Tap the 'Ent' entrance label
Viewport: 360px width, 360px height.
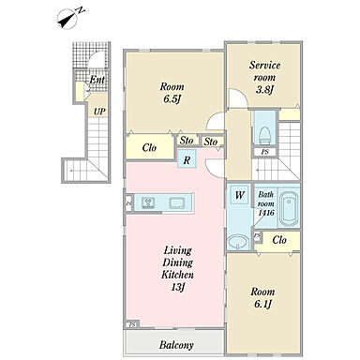[97, 80]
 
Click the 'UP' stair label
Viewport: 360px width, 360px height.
[99, 112]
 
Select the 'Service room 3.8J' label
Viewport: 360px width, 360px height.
[264, 78]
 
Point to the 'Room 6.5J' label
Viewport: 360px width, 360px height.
[172, 93]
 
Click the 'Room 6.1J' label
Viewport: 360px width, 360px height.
[262, 298]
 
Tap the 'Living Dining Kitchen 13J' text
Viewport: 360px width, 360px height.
[177, 269]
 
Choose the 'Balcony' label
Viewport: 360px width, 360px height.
[176, 345]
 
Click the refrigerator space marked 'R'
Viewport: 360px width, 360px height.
[187, 158]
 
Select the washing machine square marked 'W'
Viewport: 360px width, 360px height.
[239, 195]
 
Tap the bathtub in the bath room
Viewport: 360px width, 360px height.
[289, 208]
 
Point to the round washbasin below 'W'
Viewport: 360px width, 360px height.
[238, 242]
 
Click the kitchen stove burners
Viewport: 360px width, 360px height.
[147, 202]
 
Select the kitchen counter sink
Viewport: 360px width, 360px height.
[177, 203]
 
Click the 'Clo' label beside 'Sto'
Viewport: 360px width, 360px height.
[149, 147]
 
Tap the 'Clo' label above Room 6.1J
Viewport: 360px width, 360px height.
[279, 240]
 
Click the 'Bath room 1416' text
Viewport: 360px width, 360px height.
[266, 203]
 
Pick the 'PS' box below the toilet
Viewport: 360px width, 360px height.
[265, 152]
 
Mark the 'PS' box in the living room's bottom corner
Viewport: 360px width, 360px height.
[132, 325]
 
